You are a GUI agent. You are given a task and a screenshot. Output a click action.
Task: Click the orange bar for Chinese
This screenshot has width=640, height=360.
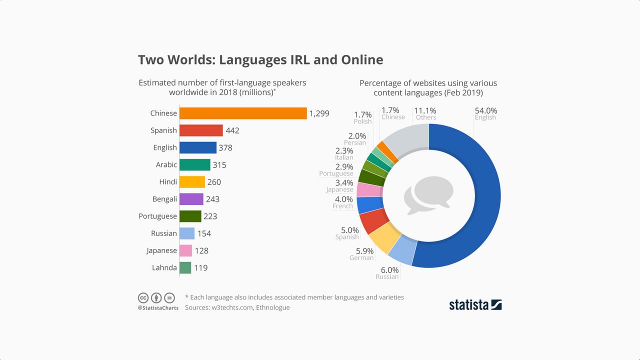tap(243, 113)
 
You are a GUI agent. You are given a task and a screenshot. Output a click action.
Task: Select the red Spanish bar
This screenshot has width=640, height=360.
tap(201, 130)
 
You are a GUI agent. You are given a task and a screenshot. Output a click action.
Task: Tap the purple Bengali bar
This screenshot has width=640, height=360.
tap(191, 199)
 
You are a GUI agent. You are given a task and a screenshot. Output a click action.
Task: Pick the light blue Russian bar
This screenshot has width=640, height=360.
tap(187, 233)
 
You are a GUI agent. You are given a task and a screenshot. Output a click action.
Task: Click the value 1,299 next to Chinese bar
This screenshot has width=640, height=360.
tap(319, 113)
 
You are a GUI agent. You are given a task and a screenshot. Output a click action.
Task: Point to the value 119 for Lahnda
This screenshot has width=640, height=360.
tap(200, 268)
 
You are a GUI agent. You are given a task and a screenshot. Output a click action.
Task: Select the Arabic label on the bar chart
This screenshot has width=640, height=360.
tap(166, 164)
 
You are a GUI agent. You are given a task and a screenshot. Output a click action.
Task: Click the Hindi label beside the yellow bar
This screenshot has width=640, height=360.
tap(168, 182)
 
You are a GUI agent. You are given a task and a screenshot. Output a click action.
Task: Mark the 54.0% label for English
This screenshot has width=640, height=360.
tap(485, 110)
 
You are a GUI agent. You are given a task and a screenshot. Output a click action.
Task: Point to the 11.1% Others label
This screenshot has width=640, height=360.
tap(425, 110)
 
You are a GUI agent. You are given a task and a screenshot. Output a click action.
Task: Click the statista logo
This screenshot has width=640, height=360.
tap(475, 304)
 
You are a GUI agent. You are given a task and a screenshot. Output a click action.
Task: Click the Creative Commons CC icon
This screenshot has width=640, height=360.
tap(143, 298)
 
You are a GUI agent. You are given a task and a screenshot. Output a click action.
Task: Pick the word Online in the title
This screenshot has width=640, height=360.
tap(362, 60)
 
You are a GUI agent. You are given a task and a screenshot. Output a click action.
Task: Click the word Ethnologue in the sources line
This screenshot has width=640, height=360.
tap(272, 307)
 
